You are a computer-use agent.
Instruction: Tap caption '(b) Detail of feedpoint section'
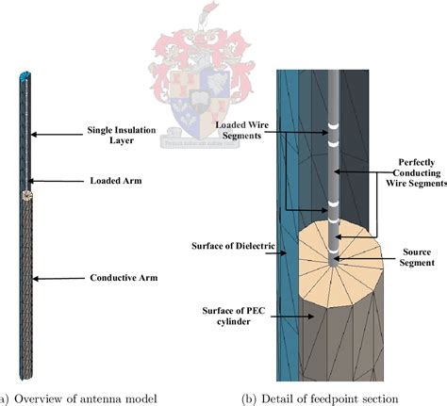[311, 395]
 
